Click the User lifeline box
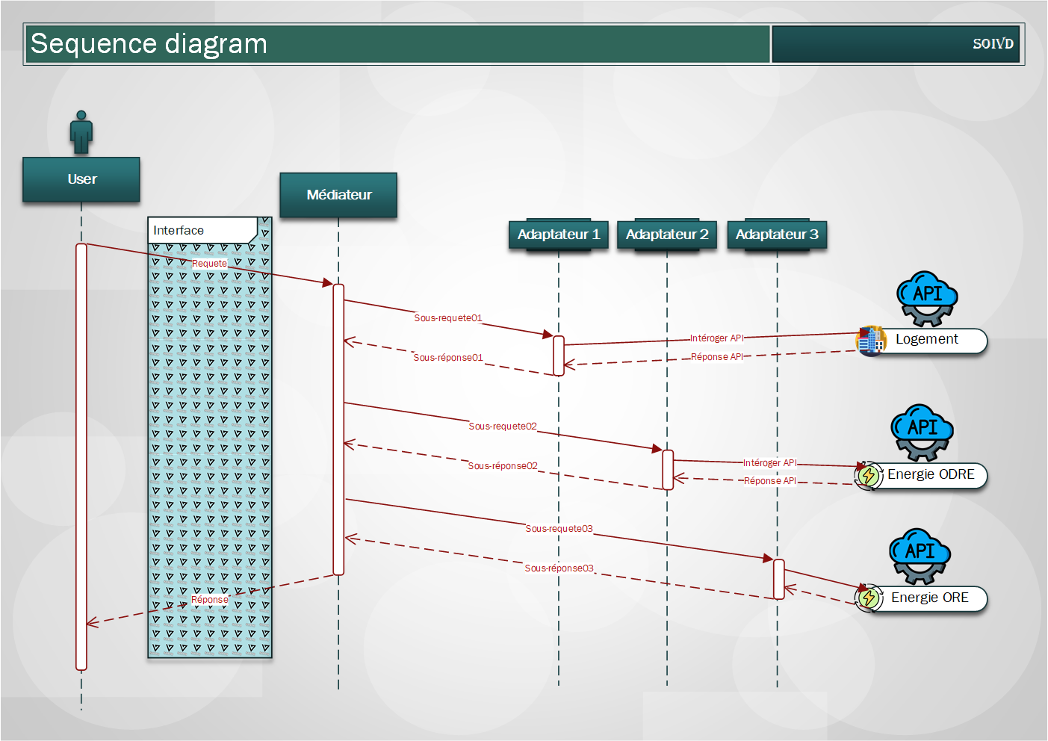click(x=81, y=179)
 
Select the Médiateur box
click(x=338, y=195)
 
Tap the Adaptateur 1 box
click(x=559, y=235)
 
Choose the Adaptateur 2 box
click(x=667, y=235)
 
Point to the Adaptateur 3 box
click(x=777, y=235)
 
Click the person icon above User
click(x=81, y=132)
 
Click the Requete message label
click(x=209, y=264)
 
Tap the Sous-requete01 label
click(x=448, y=318)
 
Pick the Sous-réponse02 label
click(x=503, y=466)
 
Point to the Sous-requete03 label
click(x=559, y=529)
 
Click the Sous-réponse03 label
click(x=559, y=568)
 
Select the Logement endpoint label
click(x=927, y=340)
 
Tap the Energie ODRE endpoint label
click(x=931, y=475)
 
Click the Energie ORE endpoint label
click(x=930, y=598)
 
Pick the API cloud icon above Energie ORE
click(x=920, y=555)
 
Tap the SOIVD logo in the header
click(x=993, y=44)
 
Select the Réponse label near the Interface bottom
click(x=210, y=600)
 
